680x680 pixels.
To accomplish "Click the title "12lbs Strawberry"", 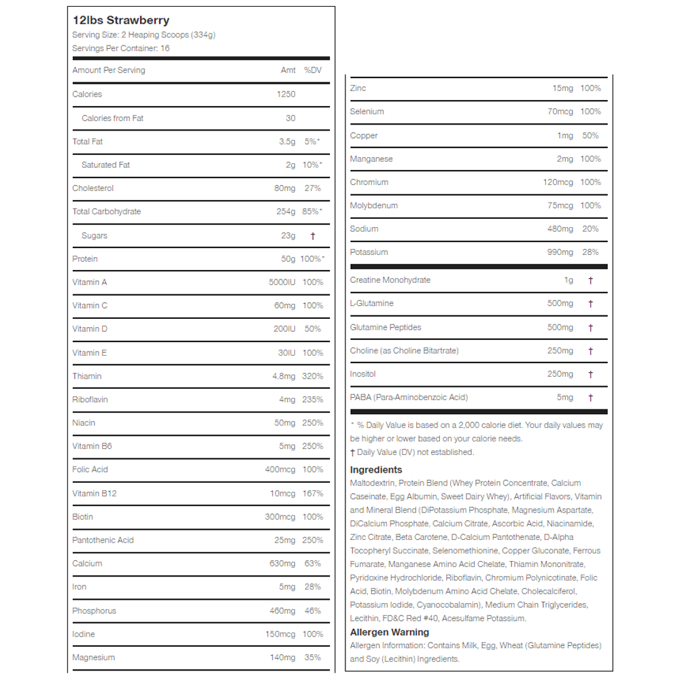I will pos(121,20).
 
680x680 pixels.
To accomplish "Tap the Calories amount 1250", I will pos(286,95).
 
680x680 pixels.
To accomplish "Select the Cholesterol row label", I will pos(93,188).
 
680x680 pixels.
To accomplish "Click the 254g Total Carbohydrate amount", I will pos(286,211).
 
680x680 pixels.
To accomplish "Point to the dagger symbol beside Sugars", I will pos(313,236).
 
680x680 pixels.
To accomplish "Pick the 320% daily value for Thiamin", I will pos(313,376).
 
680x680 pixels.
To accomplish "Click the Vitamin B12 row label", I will pos(95,493).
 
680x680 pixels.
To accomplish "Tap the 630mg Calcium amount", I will pos(282,563).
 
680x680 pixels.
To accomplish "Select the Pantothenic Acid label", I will pos(103,540).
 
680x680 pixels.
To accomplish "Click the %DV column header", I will pos(312,70).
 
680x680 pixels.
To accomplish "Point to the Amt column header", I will pos(288,70).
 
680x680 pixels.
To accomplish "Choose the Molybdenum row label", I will pos(374,205).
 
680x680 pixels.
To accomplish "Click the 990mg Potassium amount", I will pos(560,252).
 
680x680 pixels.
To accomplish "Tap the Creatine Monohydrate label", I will pos(390,280).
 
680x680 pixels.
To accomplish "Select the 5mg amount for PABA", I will pos(565,397).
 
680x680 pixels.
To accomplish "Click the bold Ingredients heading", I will pos(376,470).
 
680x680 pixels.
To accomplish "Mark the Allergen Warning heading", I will pos(390,632).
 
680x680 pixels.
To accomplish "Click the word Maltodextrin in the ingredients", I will pos(373,483).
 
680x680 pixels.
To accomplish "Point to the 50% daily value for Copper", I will pos(591,135).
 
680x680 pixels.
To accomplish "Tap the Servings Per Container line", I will pos(121,48).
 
